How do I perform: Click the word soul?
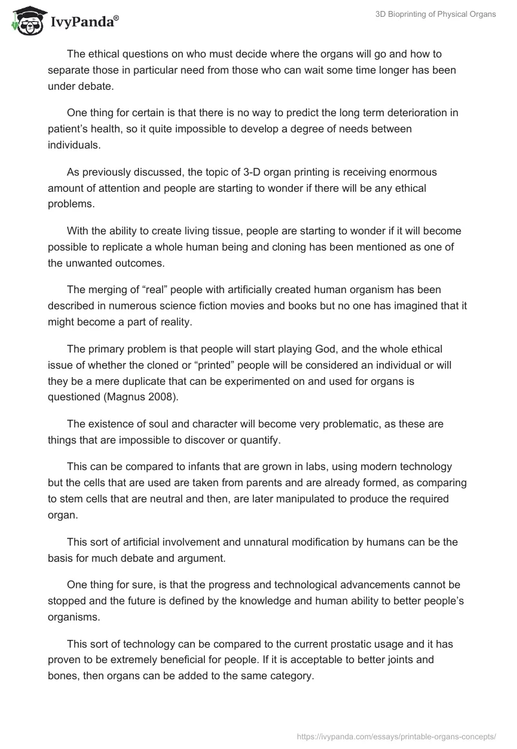coord(164,424)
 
